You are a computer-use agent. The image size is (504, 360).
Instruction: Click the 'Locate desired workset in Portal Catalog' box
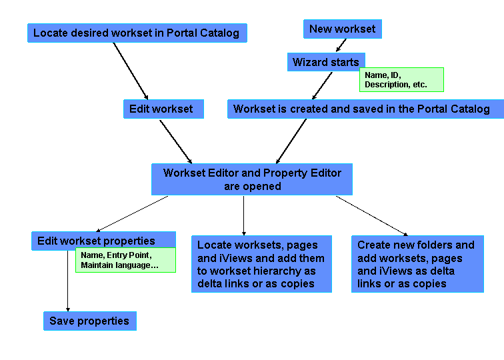click(x=137, y=33)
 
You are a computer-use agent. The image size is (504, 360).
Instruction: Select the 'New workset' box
click(x=342, y=29)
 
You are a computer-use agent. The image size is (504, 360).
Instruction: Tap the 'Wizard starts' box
click(x=326, y=62)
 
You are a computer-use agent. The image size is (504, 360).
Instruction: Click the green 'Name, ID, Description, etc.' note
click(x=401, y=79)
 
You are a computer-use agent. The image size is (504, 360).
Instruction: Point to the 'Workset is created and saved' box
click(x=361, y=109)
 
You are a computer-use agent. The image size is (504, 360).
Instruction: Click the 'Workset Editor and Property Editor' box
click(x=252, y=179)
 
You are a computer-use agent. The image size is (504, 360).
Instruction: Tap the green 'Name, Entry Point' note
click(x=125, y=260)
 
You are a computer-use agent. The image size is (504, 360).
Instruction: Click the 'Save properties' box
click(x=89, y=321)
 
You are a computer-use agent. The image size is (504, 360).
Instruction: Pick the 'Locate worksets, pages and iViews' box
click(x=261, y=265)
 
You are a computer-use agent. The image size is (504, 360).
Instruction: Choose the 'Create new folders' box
click(x=417, y=264)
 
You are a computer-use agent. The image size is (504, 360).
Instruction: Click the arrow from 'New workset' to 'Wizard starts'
click(x=341, y=45)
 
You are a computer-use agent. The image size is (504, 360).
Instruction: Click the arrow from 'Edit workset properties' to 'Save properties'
click(x=68, y=280)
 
